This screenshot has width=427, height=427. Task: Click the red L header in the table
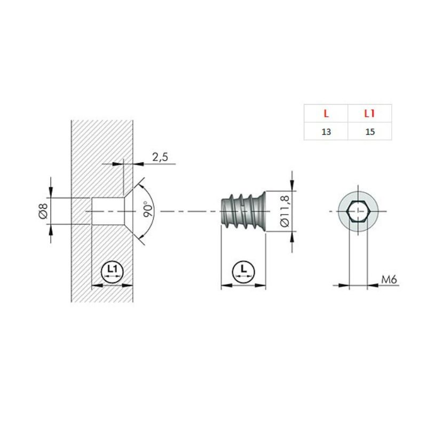click(x=326, y=113)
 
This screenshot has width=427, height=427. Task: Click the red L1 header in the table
click(x=369, y=113)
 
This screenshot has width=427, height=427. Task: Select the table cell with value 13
click(x=326, y=131)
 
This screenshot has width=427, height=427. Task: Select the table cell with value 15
click(x=370, y=131)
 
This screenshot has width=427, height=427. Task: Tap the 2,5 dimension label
click(x=160, y=157)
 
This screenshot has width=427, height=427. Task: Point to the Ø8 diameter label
click(x=43, y=211)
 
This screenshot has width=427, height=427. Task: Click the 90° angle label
click(x=148, y=209)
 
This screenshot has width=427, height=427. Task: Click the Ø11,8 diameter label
click(x=284, y=211)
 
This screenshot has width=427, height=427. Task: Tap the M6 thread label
click(x=389, y=279)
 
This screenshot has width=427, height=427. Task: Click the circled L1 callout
click(x=112, y=272)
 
